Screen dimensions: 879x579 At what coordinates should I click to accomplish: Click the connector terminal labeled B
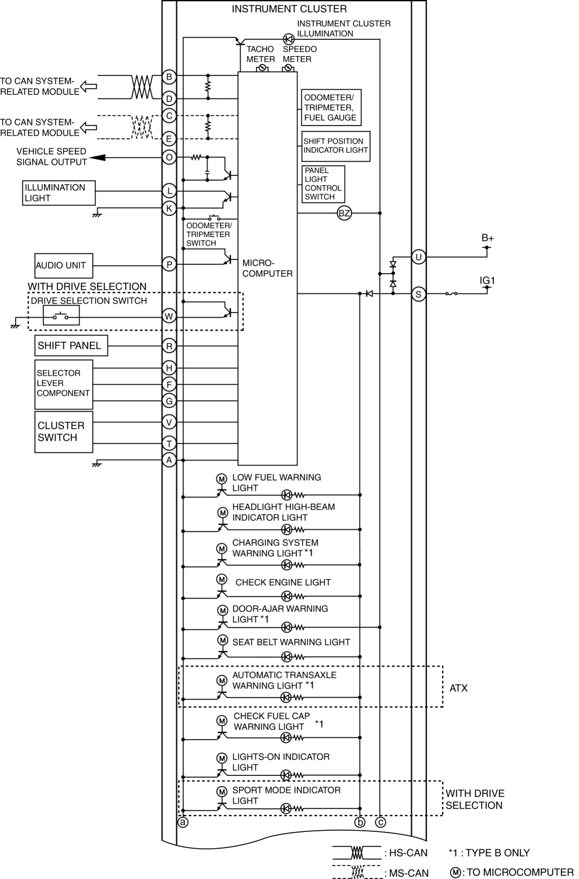point(170,77)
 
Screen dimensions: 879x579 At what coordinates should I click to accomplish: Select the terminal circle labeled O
point(170,157)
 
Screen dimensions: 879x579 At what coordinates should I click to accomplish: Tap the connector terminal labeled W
point(170,316)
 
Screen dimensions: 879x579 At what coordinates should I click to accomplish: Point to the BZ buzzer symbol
point(344,213)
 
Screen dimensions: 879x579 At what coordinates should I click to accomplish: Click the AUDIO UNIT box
point(63,265)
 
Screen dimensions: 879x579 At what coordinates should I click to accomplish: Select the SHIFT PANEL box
point(71,346)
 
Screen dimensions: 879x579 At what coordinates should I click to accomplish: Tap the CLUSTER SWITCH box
point(63,432)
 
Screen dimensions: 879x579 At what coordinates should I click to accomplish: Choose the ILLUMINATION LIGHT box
point(59,193)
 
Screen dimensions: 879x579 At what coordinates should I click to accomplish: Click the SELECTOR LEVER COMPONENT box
point(63,384)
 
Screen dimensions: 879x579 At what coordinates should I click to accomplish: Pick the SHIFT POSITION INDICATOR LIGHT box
point(336,146)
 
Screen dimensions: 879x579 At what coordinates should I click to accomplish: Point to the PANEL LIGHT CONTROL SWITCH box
point(323,184)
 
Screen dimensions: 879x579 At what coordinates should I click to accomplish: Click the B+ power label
point(488,238)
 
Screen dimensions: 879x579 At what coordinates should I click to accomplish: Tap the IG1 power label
point(487,281)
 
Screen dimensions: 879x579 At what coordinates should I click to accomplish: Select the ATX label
point(459,688)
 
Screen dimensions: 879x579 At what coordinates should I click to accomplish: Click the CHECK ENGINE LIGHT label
point(283,582)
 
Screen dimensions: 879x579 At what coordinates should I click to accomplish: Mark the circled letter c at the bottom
point(380,822)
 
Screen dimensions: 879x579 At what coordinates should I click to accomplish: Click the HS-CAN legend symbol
point(357,852)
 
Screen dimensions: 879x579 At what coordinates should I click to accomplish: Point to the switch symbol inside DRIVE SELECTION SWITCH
point(61,316)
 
